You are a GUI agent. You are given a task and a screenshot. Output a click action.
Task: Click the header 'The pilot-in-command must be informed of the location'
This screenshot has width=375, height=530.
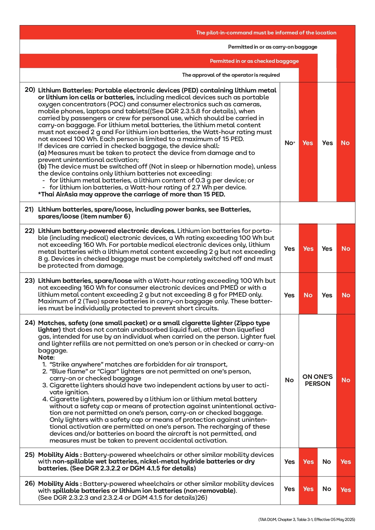point(266,33)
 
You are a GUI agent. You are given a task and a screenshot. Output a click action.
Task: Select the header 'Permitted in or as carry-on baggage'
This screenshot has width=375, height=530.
point(273,47)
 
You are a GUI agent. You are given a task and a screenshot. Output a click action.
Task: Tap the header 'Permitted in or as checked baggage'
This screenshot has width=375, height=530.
point(254,61)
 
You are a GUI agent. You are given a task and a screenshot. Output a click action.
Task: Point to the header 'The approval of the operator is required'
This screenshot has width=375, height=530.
point(231,75)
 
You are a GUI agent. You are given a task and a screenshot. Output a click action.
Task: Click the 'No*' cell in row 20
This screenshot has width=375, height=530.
point(289,143)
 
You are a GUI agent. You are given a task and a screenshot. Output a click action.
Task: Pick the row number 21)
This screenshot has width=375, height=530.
point(29,209)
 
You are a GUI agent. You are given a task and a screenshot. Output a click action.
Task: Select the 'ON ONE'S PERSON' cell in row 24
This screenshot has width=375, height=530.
point(317,380)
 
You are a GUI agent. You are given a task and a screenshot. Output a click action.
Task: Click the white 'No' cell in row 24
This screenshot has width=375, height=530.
point(289,380)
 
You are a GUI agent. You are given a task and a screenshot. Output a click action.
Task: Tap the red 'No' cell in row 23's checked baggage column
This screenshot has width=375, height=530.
point(308,295)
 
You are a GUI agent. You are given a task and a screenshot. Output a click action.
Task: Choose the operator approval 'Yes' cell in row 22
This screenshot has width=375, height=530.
point(289,249)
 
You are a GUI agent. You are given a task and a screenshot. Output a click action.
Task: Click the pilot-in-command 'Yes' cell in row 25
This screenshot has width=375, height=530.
point(345,462)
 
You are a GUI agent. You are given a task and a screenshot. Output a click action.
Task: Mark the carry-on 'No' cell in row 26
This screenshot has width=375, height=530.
point(327,489)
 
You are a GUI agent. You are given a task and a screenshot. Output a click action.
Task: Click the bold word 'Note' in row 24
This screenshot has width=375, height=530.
point(46,357)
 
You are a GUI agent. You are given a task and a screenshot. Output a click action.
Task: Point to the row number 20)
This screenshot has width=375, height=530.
point(30,90)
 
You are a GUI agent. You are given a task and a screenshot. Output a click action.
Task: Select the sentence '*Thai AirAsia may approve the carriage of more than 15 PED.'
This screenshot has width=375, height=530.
point(131,194)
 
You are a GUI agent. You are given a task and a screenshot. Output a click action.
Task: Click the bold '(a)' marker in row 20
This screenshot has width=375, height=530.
point(42,153)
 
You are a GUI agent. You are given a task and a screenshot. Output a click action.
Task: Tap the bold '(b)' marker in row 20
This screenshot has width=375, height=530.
point(42,166)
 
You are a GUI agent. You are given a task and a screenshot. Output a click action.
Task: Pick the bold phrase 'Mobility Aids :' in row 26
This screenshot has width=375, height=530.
point(58,484)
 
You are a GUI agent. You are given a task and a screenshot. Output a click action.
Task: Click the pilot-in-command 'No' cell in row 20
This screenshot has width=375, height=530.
point(345,143)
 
